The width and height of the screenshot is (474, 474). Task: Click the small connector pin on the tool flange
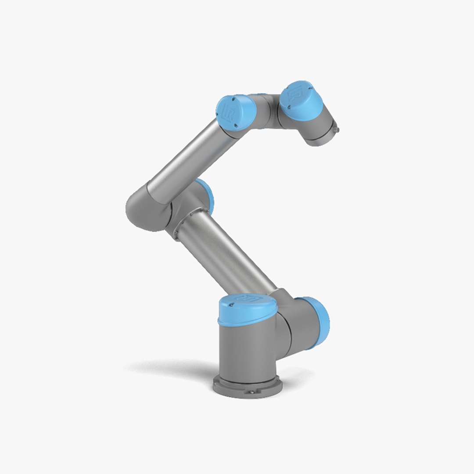[x=336, y=129]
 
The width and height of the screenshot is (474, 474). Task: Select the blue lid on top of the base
[x=247, y=309]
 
